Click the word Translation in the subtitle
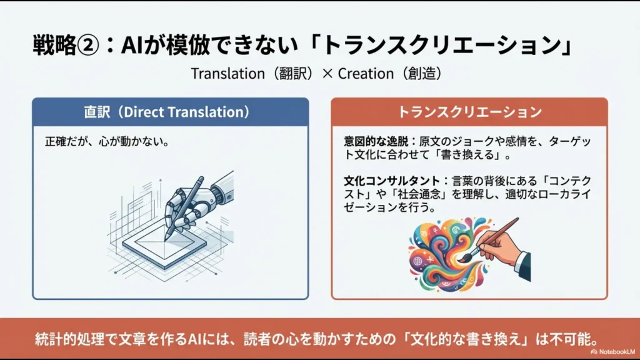228,73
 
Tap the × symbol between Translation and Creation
326,73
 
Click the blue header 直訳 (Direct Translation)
170,112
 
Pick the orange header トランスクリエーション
469,112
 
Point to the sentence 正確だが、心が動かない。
107,142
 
